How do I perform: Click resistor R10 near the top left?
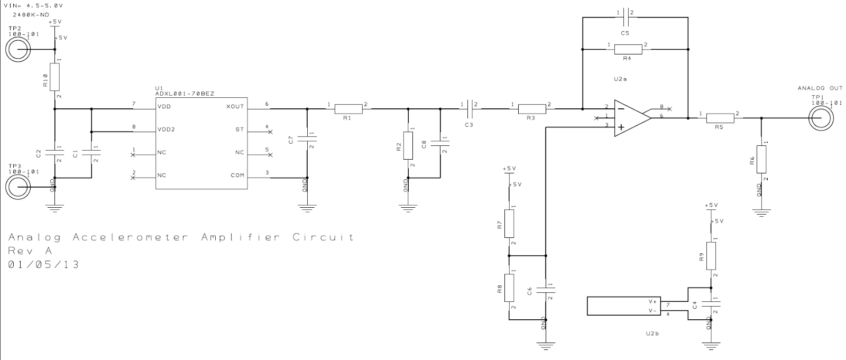(x=54, y=77)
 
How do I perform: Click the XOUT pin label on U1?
(x=235, y=106)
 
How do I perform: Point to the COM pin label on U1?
(x=237, y=175)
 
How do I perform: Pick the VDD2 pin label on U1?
(x=166, y=130)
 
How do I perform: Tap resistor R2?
(x=408, y=145)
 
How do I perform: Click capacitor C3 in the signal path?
(x=468, y=109)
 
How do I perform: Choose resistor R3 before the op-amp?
(x=531, y=109)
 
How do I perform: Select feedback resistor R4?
(x=628, y=50)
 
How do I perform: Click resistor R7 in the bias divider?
(x=509, y=224)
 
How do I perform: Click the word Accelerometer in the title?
(x=130, y=237)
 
